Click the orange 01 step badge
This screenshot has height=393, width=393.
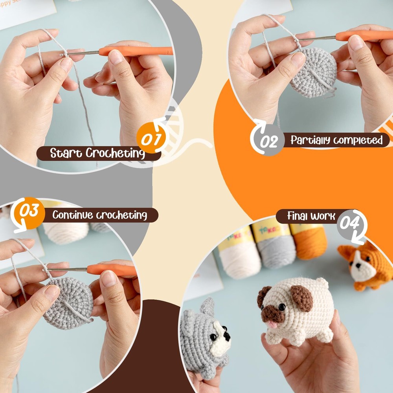click(x=151, y=139)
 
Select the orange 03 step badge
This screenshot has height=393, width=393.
click(x=30, y=213)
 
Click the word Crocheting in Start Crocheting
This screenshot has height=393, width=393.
click(x=115, y=153)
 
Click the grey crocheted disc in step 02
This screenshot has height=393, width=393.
click(x=313, y=73)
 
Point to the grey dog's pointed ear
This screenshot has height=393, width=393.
click(x=208, y=305)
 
